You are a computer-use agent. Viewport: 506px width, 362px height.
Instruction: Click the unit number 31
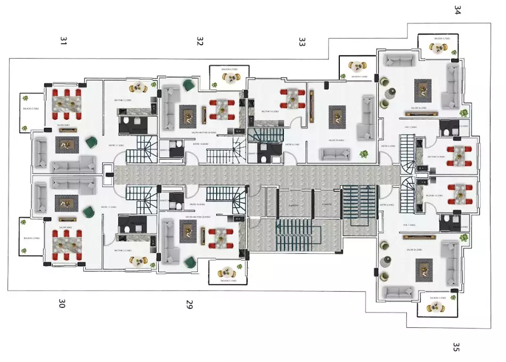[x=64, y=42]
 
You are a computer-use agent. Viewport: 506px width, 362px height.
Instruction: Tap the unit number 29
[x=189, y=305]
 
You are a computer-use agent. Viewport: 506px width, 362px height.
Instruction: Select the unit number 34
[x=457, y=10]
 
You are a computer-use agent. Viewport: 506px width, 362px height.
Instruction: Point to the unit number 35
[x=455, y=347]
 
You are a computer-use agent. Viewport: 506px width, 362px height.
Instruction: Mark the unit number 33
[x=302, y=42]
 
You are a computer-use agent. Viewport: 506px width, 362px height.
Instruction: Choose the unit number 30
[x=62, y=304]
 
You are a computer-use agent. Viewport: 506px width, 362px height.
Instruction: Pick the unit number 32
[x=200, y=42]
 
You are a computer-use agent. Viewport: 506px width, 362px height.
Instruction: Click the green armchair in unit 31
[x=91, y=142]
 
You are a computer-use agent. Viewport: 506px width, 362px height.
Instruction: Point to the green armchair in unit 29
[x=189, y=261]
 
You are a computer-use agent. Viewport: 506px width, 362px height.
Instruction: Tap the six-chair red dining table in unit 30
[x=66, y=243]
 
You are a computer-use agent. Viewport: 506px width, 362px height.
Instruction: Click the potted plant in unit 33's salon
[x=364, y=154]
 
